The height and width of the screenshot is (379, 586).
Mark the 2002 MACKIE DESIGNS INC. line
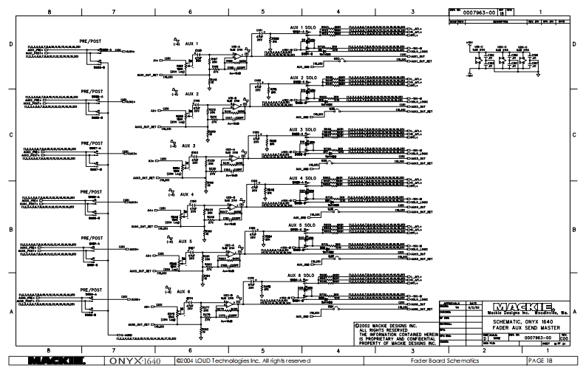click(386, 324)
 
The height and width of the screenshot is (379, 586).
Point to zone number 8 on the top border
click(50, 13)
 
